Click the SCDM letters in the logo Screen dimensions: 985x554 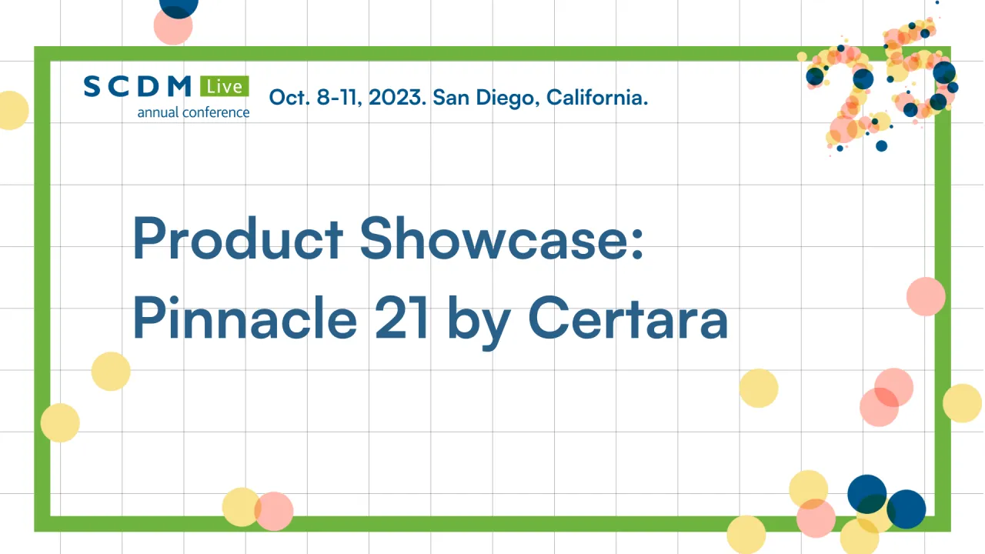point(138,86)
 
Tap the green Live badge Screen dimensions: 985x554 point(225,86)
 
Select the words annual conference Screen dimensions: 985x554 point(193,112)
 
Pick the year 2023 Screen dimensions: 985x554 point(397,97)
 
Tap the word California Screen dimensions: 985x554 point(597,97)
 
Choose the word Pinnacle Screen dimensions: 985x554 point(245,318)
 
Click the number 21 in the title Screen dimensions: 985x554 point(401,318)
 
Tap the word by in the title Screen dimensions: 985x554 point(479,323)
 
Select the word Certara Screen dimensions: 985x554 point(628,318)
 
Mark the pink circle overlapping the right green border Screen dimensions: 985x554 point(926,296)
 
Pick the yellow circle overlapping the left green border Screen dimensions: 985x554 point(60,422)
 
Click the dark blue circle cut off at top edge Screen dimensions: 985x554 point(179,8)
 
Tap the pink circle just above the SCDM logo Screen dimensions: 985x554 point(173,27)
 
